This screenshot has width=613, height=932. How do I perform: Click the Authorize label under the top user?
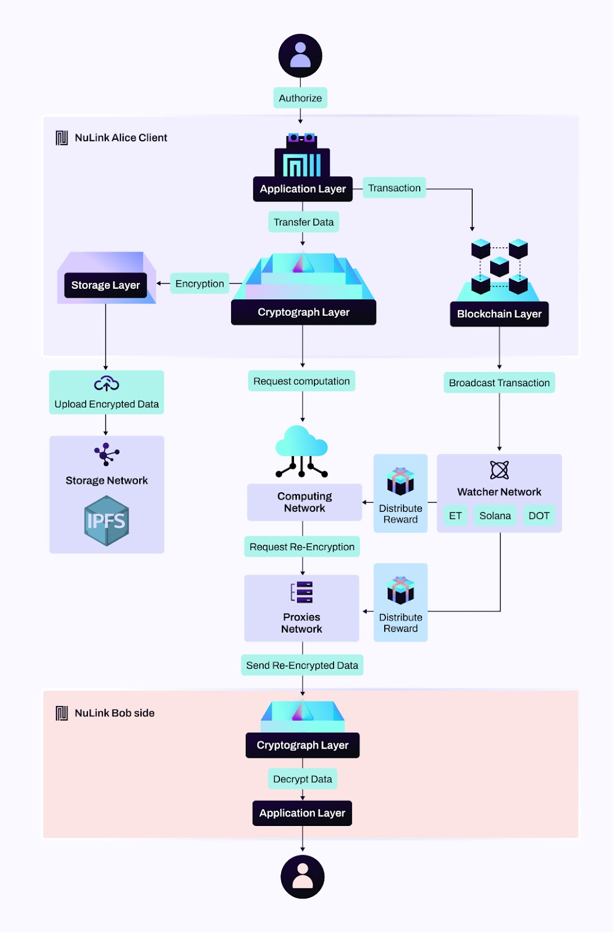(x=300, y=98)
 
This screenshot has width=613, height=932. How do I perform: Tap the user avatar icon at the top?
(x=300, y=56)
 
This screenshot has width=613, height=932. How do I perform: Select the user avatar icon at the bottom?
(x=303, y=877)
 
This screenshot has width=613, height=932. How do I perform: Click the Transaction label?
(x=394, y=188)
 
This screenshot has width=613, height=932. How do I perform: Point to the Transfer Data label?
(x=303, y=222)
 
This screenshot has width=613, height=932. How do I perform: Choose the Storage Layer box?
(x=105, y=285)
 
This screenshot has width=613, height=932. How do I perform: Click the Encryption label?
(x=200, y=284)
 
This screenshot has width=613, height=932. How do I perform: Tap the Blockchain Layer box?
(x=499, y=314)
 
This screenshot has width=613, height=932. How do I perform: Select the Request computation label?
(x=302, y=381)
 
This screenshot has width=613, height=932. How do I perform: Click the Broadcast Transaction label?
(x=499, y=383)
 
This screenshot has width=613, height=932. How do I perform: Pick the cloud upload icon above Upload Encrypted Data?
(x=107, y=384)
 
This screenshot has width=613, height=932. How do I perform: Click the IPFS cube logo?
(x=107, y=520)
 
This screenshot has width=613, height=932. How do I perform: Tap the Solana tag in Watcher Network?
(x=495, y=516)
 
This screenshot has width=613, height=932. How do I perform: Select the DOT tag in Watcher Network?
(x=538, y=516)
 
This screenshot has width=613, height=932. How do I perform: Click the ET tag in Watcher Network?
(x=455, y=516)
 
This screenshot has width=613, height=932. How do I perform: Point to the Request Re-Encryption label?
(x=302, y=547)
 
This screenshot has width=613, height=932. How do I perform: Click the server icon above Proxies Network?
(x=302, y=592)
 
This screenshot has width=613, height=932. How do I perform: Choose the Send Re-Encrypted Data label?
(x=302, y=665)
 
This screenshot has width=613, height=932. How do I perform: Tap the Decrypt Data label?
(x=302, y=779)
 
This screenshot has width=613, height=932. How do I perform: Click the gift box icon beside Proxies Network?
(x=401, y=590)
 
